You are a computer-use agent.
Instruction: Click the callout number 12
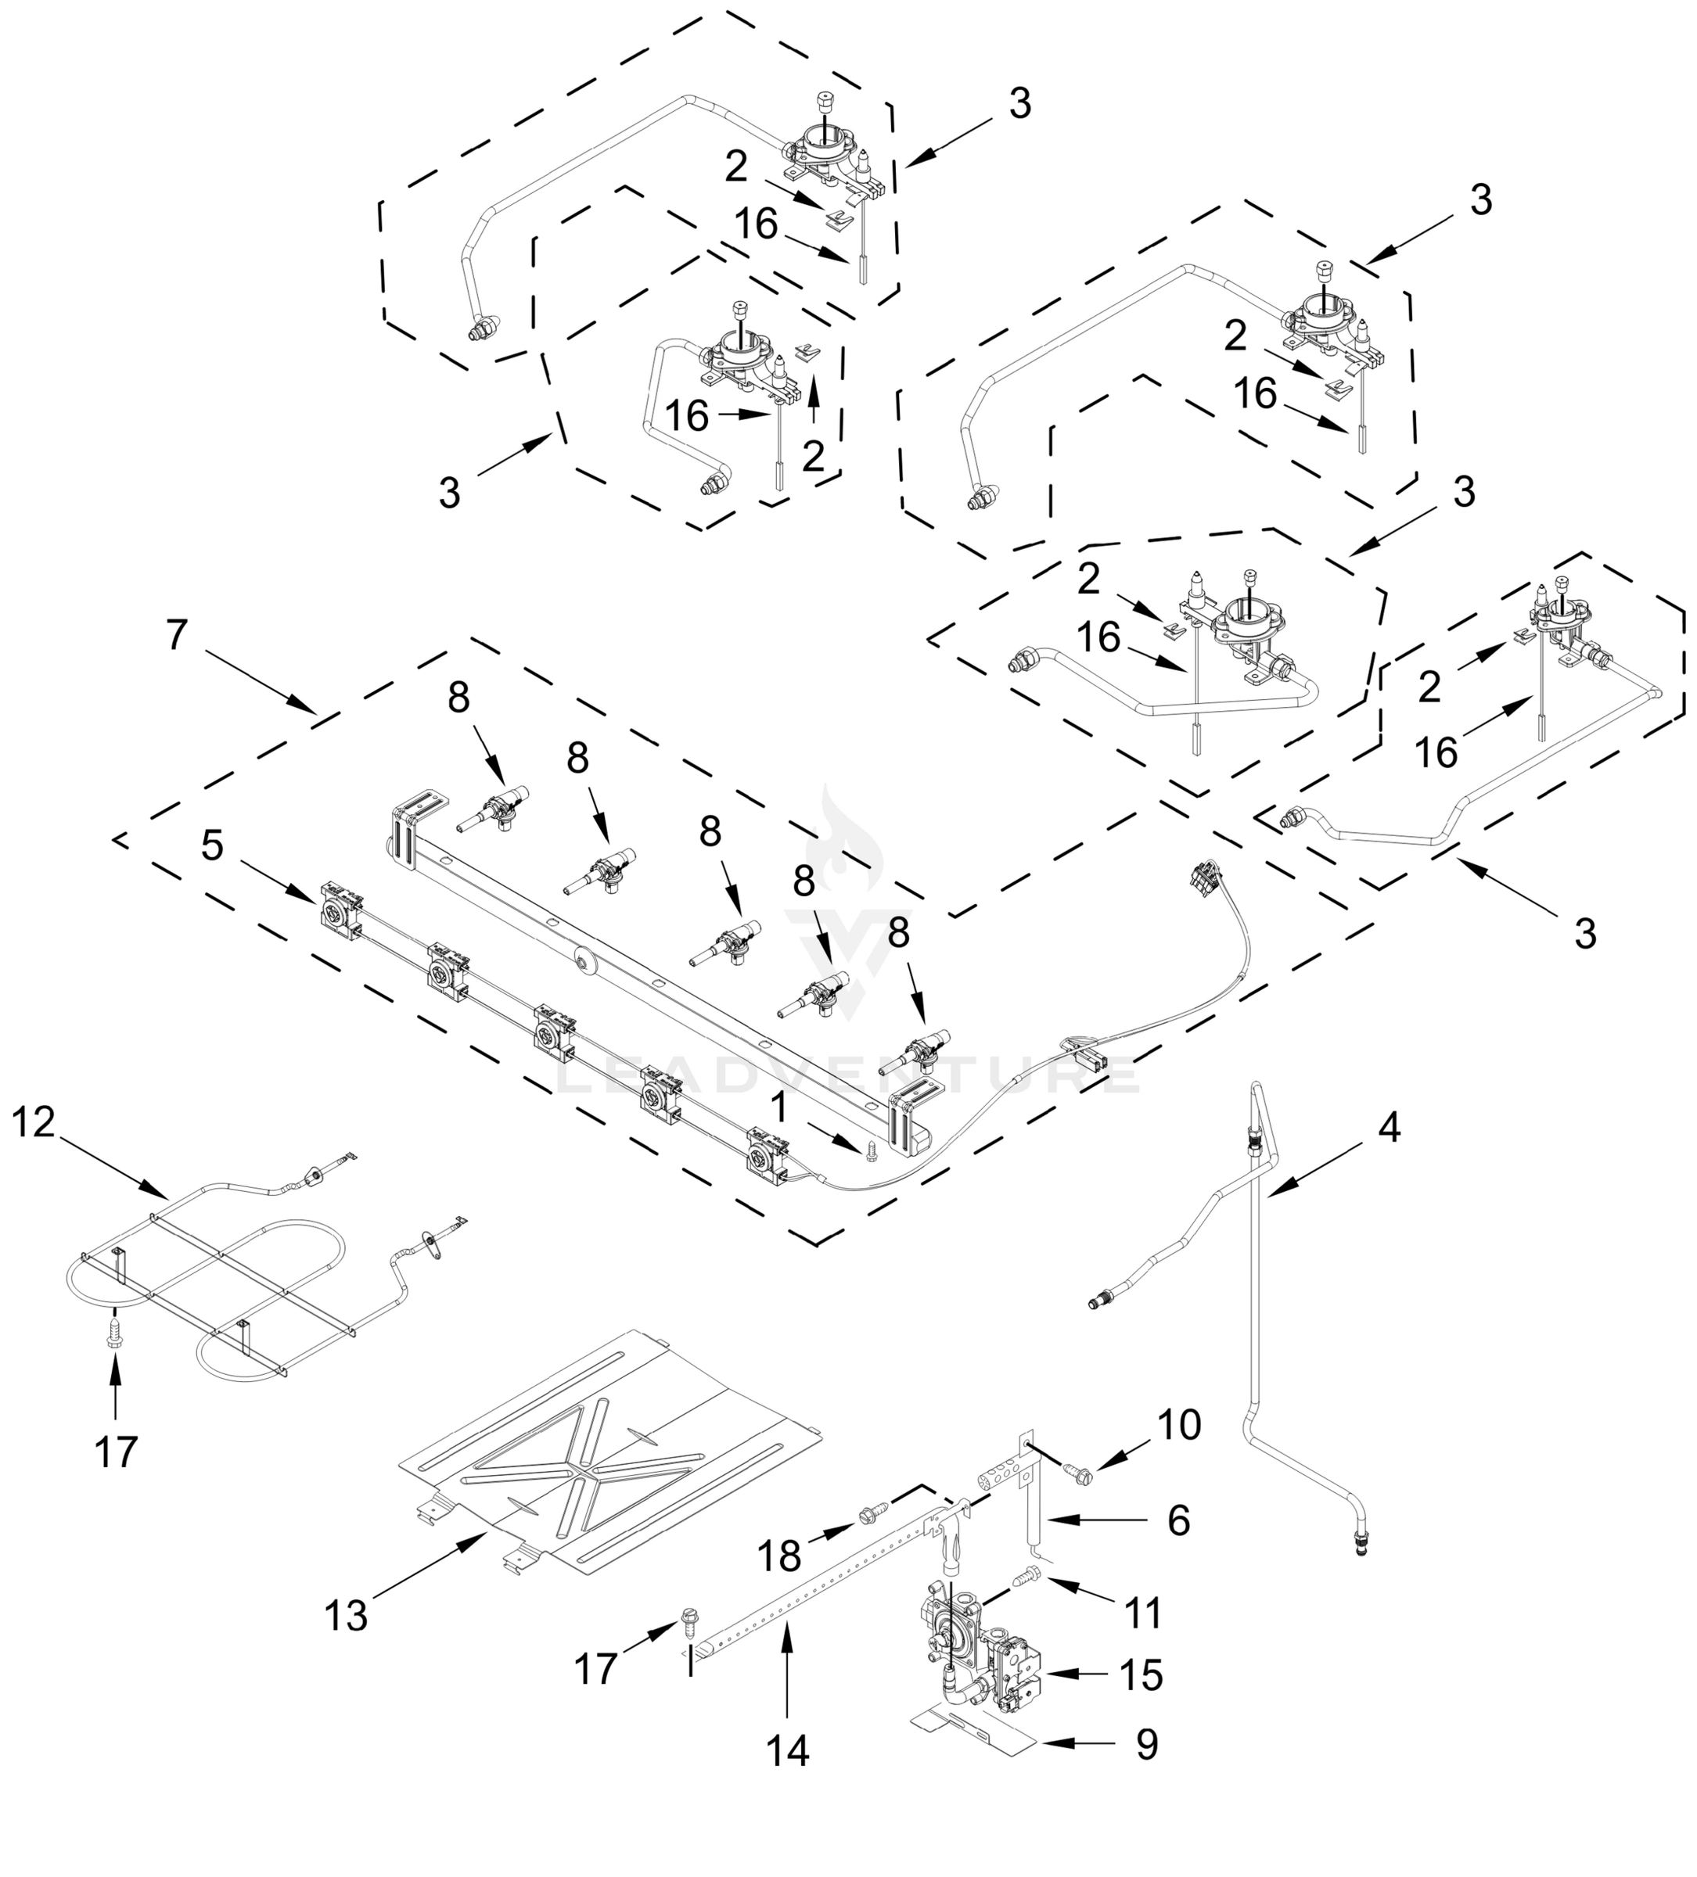34,1122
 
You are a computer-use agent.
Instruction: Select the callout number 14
787,1750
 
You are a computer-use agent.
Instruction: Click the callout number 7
177,635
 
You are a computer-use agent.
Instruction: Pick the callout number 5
212,845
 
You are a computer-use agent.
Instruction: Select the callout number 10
1179,1423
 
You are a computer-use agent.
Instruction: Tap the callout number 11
1143,1613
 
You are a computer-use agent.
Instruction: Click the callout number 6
1178,1520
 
